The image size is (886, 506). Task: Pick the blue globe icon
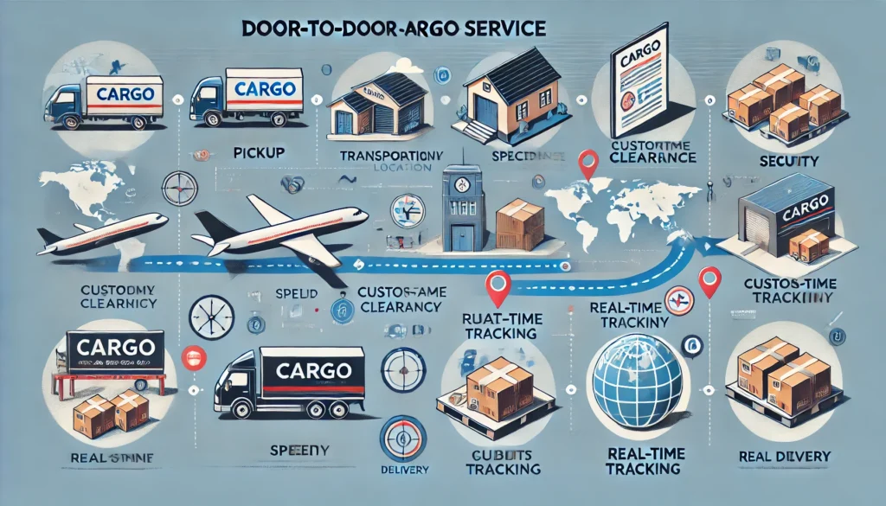click(636, 380)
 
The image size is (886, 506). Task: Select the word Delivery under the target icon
click(400, 470)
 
